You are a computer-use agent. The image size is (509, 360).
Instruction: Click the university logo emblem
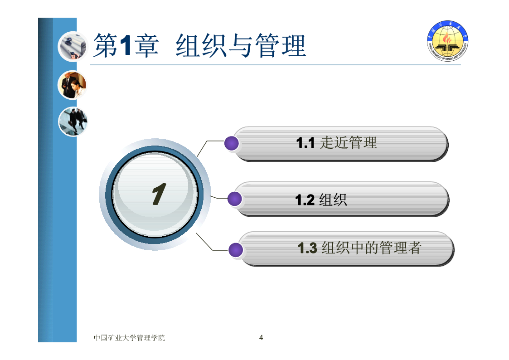click(x=448, y=41)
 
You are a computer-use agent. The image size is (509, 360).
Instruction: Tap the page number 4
click(x=261, y=338)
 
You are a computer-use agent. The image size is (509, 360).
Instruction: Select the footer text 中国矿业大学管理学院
click(x=129, y=338)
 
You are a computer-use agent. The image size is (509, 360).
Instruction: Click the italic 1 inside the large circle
click(x=159, y=194)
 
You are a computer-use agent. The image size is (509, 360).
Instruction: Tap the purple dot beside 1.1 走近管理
click(x=232, y=143)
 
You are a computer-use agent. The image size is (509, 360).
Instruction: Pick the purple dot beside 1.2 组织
click(x=235, y=199)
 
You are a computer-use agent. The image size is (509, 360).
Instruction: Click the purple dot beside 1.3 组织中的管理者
click(x=236, y=250)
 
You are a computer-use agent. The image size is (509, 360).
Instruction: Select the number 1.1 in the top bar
click(x=305, y=143)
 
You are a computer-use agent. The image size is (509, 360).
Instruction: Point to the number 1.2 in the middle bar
click(x=305, y=200)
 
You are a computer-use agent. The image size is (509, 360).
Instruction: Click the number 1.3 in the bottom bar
click(x=307, y=248)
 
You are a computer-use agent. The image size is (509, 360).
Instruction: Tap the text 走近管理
click(x=348, y=143)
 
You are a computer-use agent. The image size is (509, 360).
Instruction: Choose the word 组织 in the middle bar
click(x=333, y=199)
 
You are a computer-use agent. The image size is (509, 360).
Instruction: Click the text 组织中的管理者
click(x=371, y=248)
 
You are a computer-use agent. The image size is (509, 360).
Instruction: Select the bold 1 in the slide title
click(x=125, y=45)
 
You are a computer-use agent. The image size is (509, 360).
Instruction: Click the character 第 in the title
click(x=106, y=45)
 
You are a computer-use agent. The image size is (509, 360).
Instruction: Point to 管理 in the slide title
click(x=281, y=46)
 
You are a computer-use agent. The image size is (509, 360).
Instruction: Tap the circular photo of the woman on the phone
click(x=72, y=85)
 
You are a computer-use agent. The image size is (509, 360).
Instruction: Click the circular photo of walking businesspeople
click(x=73, y=122)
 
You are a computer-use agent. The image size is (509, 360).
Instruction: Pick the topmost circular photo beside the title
click(x=73, y=47)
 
